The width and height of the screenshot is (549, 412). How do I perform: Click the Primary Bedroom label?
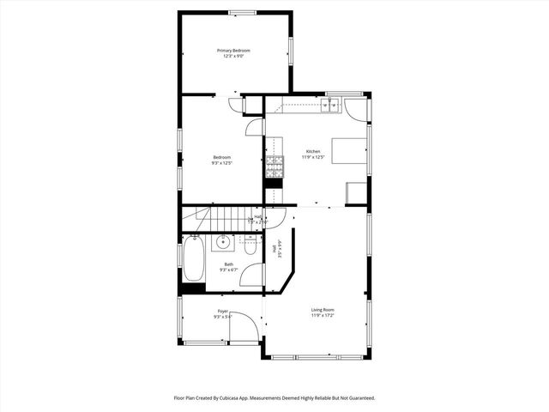point(232,51)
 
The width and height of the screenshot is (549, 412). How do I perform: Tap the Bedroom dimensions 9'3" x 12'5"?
point(222,162)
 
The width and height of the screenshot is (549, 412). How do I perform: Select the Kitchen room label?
point(311,152)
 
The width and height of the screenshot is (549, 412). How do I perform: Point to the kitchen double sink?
point(330,106)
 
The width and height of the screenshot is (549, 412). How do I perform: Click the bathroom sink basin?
point(223,242)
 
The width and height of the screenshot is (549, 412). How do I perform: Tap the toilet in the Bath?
point(248,245)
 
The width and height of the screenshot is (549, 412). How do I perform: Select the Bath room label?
point(228,264)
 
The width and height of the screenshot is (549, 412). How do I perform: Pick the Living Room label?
point(323,309)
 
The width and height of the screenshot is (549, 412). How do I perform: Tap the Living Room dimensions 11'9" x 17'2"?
point(323,315)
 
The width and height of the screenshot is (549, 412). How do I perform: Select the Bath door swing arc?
point(250,274)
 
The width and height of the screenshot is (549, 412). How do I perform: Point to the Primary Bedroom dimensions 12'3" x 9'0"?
point(234,57)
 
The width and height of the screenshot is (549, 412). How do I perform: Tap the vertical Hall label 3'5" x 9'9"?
point(278,250)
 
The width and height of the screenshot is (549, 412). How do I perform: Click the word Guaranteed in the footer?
point(359,398)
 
